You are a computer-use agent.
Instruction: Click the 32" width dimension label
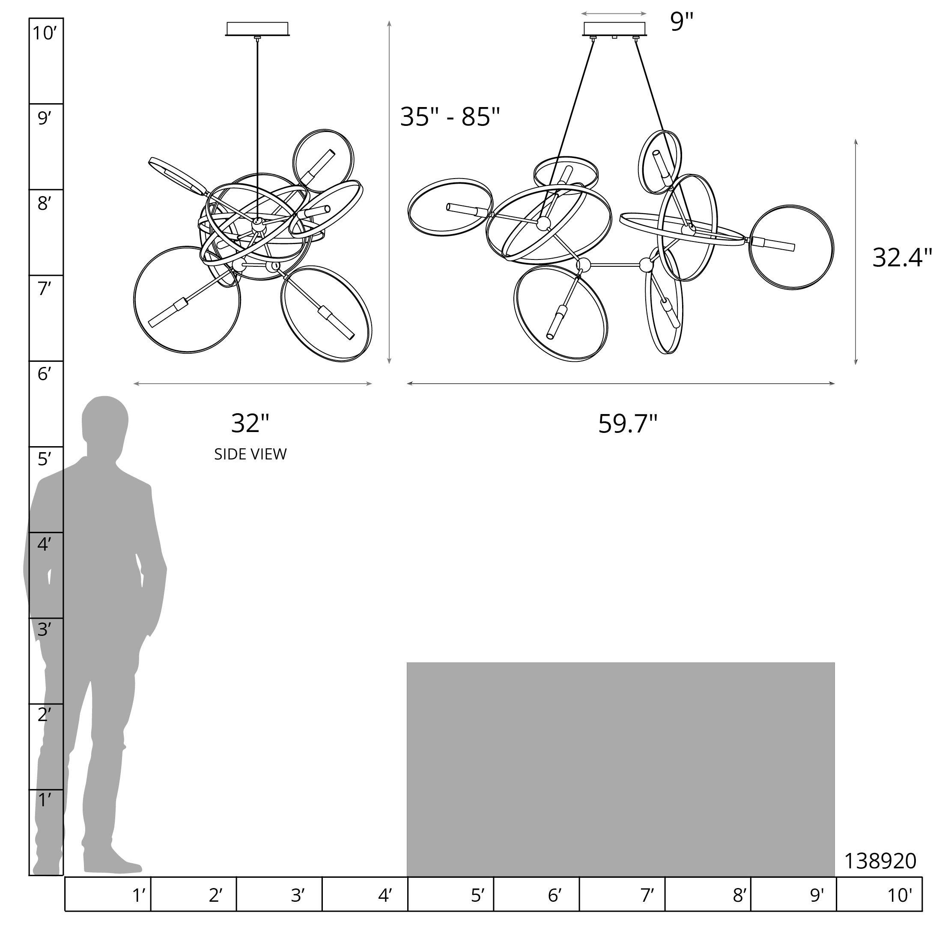250,423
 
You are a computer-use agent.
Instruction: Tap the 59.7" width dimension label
628,423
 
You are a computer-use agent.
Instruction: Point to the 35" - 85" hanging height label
450,117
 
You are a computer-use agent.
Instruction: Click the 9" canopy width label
682,21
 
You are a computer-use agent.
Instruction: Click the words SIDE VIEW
250,454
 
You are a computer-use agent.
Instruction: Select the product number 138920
880,861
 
